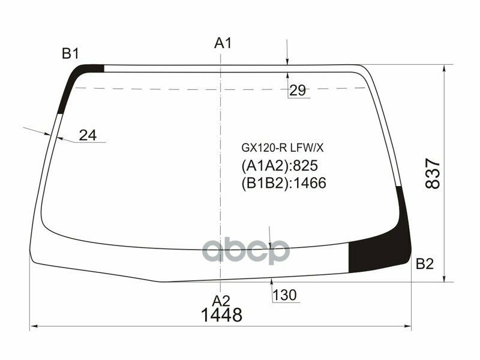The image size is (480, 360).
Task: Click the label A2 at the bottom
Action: pyautogui.click(x=221, y=300)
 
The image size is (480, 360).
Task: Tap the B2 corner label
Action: pyautogui.click(x=424, y=263)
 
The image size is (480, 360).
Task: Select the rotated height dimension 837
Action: pyautogui.click(x=434, y=173)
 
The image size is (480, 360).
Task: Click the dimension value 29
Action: pyautogui.click(x=298, y=91)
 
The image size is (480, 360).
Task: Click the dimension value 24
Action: pyautogui.click(x=88, y=136)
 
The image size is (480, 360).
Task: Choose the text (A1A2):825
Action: pyautogui.click(x=279, y=166)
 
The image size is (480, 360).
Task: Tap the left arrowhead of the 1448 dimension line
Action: pyautogui.click(x=34, y=327)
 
